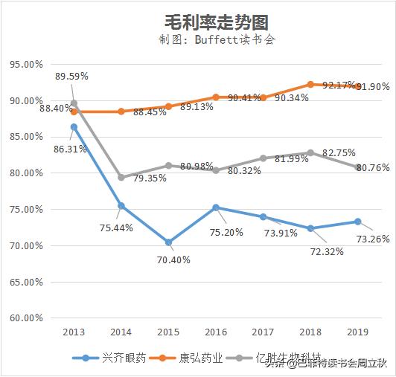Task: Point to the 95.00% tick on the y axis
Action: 26,64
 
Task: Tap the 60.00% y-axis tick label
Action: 26,318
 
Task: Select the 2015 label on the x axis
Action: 168,332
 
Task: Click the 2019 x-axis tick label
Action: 357,332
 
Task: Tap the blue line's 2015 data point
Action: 168,242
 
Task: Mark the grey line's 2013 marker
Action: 74,103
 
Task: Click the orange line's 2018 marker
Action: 310,85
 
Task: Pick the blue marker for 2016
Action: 216,207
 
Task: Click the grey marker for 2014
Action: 121,178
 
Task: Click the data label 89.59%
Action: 72,76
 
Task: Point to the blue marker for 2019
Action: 357,222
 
